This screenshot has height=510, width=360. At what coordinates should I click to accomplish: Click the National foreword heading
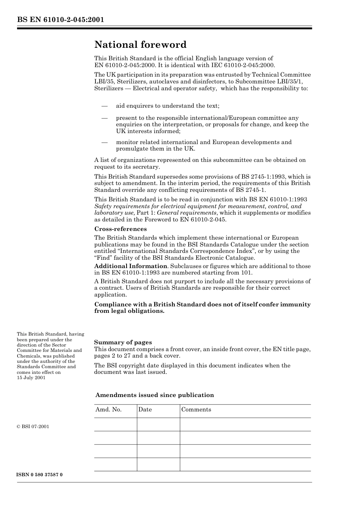(140, 45)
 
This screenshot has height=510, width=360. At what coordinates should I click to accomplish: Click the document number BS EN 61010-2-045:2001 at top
(60, 20)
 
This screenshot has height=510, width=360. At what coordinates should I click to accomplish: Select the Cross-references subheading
(120, 229)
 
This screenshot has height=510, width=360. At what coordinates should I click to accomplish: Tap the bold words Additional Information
(130, 266)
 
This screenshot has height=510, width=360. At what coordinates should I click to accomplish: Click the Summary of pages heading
(123, 342)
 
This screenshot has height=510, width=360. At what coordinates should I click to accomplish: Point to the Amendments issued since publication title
(155, 395)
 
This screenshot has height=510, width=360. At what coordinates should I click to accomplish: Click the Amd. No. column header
(108, 410)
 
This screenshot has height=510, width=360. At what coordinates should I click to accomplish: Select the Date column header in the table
(145, 410)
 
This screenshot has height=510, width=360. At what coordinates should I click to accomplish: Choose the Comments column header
(196, 410)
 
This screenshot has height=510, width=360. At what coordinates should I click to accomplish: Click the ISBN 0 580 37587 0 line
(39, 475)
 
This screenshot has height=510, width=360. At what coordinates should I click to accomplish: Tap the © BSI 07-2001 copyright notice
(33, 427)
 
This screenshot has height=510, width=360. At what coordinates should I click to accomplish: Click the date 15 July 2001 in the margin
(31, 378)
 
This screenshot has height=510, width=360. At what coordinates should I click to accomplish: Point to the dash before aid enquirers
(104, 106)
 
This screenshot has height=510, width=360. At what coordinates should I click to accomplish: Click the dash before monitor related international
(104, 143)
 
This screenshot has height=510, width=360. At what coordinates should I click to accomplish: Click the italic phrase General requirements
(186, 213)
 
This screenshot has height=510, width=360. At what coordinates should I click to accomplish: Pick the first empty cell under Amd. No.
(115, 424)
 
